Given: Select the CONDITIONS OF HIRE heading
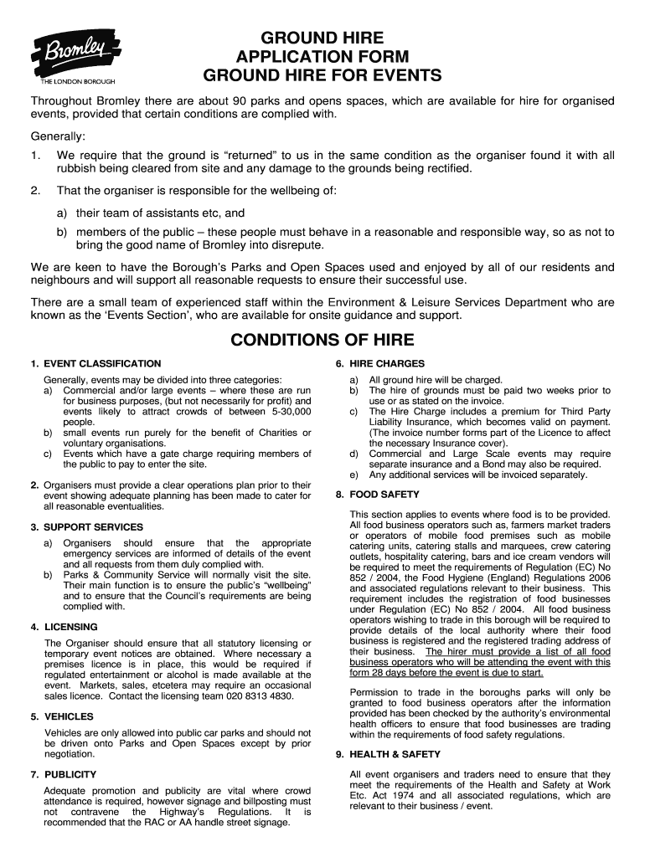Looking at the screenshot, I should click(x=322, y=339).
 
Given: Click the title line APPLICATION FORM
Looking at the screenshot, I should click(x=322, y=57).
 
